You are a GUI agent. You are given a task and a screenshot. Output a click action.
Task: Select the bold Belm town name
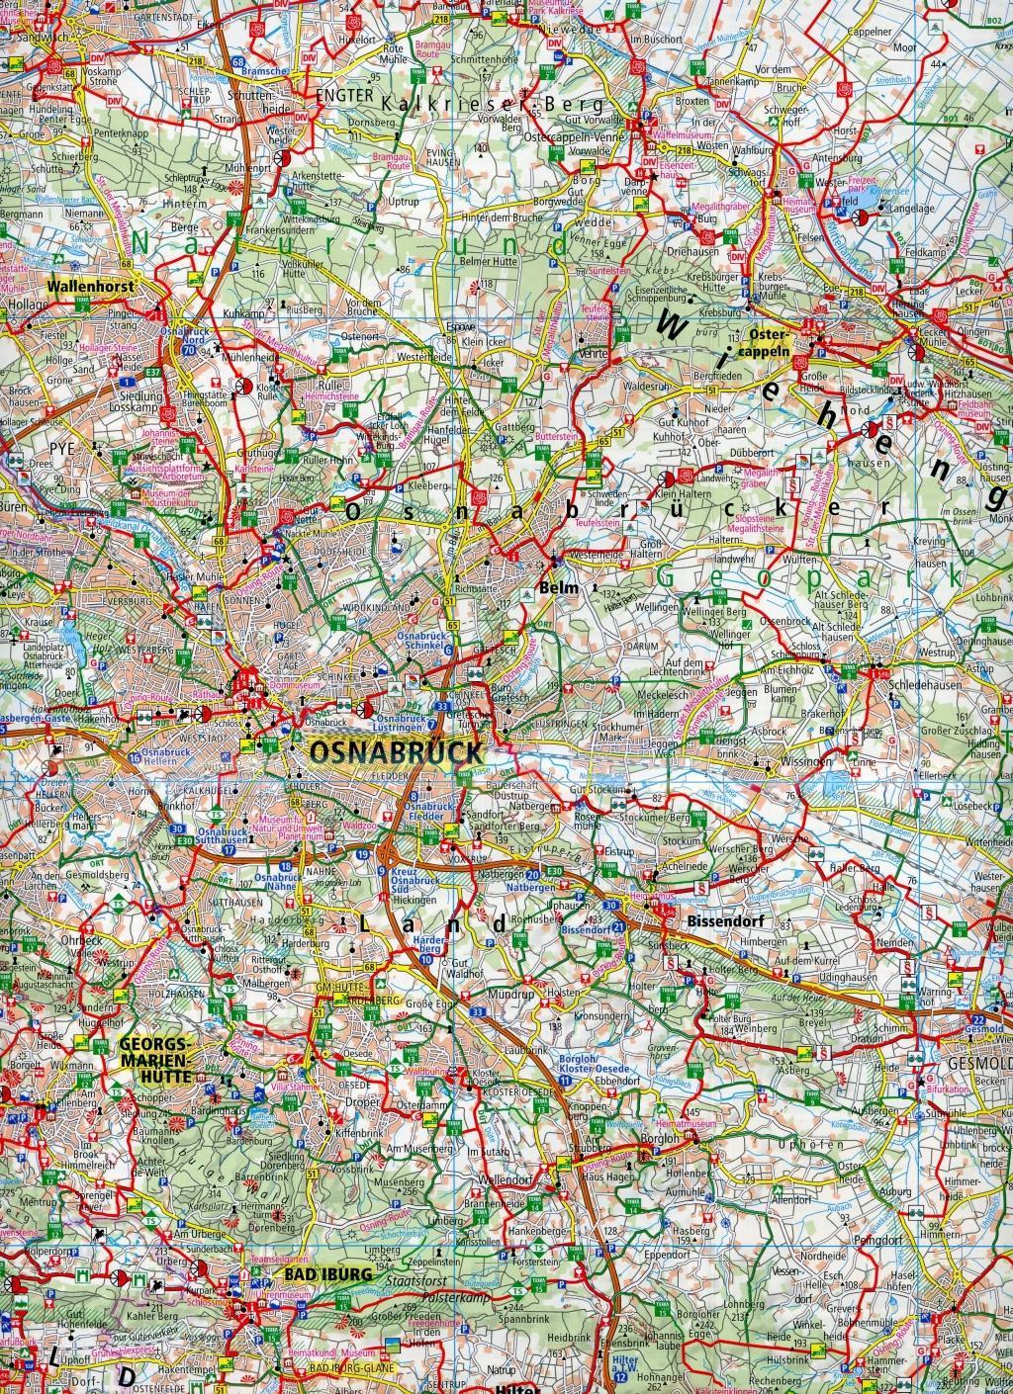554,590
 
